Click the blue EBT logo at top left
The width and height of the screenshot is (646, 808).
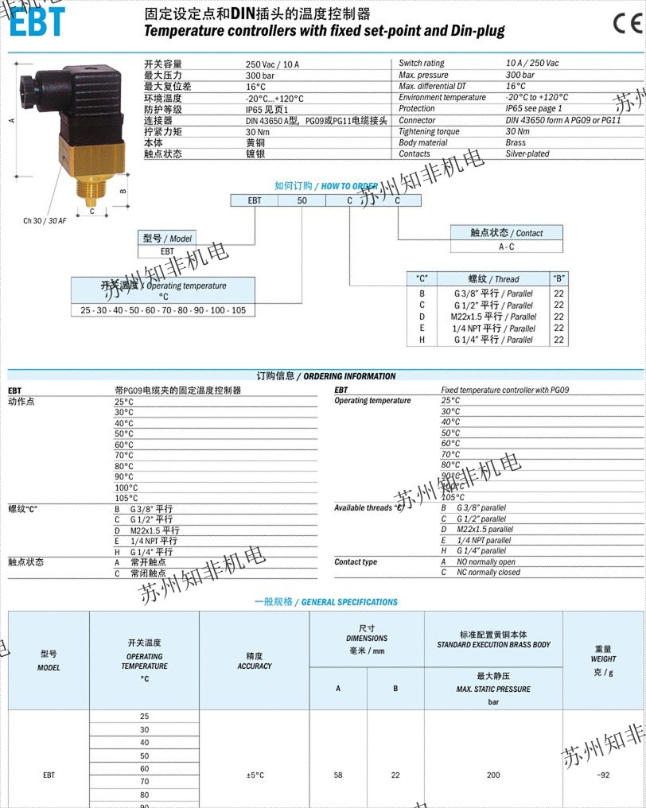tap(36, 21)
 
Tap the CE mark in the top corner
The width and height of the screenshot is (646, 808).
tap(626, 23)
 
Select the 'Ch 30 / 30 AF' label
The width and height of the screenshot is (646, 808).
tap(45, 220)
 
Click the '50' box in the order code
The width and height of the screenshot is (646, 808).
tap(302, 200)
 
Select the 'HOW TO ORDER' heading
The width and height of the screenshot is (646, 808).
tap(350, 186)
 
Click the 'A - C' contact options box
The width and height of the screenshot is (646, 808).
tap(506, 247)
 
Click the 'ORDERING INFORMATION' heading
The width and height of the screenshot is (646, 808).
tap(350, 376)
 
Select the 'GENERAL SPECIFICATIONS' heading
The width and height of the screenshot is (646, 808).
tap(349, 602)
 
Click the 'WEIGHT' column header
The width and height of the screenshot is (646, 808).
tap(603, 659)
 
